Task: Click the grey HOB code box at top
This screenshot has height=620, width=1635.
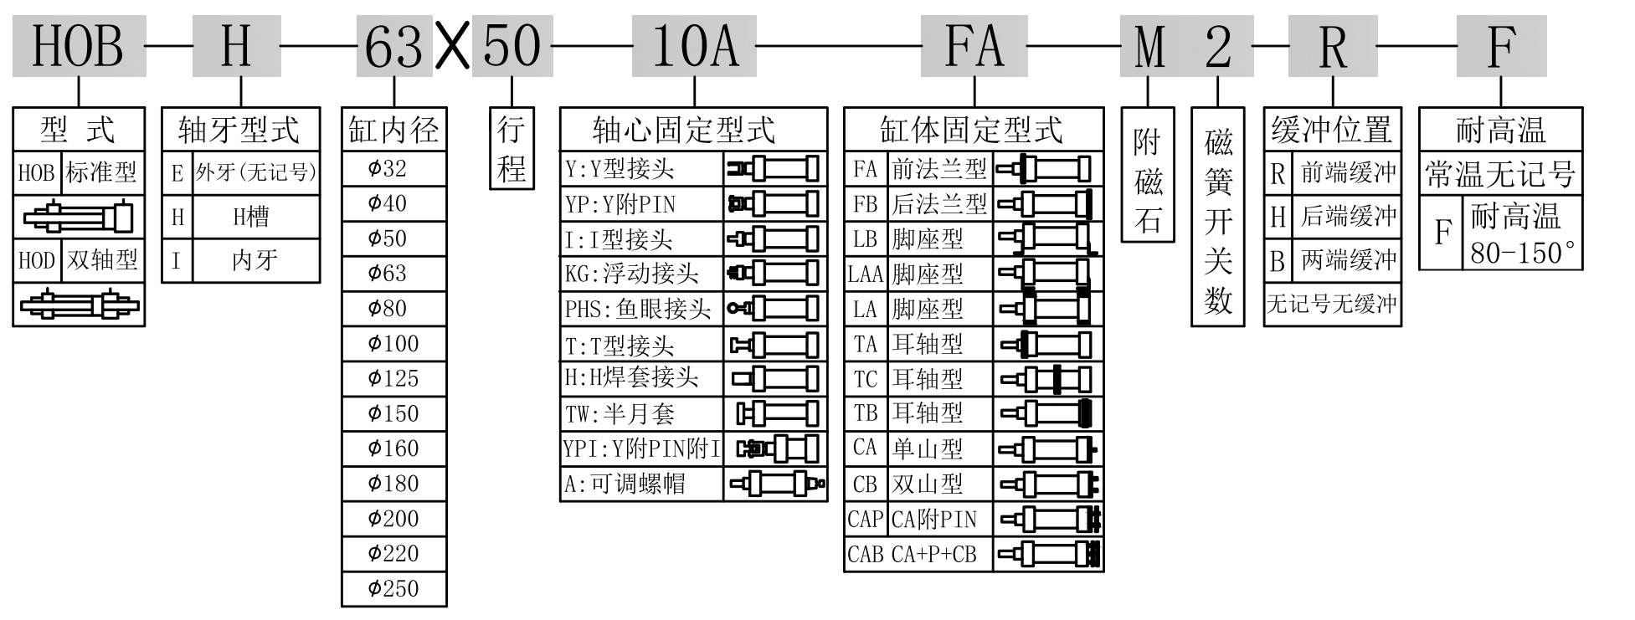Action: [79, 47]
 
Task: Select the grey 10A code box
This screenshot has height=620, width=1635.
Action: [694, 47]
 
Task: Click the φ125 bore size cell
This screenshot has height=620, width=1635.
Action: [393, 378]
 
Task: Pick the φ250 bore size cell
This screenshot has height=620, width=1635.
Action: [393, 588]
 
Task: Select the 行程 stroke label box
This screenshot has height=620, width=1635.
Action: [511, 149]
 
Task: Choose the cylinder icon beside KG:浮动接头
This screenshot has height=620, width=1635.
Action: [774, 274]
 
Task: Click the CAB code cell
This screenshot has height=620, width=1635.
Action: [866, 554]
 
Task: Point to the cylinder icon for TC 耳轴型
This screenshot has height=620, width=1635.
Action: [1047, 379]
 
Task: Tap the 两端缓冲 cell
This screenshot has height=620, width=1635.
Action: [1348, 260]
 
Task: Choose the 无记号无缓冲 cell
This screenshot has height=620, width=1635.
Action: [1331, 304]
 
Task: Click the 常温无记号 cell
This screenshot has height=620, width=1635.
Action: [1500, 175]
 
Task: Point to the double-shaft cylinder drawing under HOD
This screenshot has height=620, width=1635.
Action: [79, 305]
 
